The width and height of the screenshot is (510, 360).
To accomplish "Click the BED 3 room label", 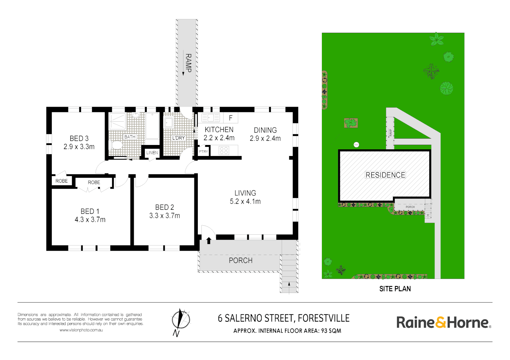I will coord(79,142).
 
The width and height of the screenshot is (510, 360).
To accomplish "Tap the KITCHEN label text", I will coord(219,130).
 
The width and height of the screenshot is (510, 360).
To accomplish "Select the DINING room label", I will coord(265,130).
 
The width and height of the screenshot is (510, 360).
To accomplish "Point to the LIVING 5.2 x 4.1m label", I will coord(245,197).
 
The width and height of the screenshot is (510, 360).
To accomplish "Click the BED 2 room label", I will coord(164,211).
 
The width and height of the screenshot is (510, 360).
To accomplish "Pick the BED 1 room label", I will coord(90,215).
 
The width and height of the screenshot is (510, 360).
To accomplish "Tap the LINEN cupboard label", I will coord(152,153).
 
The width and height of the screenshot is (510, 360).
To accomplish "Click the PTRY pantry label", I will coord(203,152).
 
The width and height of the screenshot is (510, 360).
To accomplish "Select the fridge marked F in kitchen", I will coord(230,118).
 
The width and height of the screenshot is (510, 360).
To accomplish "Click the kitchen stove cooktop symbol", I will coord(224,151).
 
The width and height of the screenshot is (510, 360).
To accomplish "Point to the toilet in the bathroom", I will coord(116,145).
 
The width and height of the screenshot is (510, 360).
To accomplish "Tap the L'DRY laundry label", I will coord(178,138).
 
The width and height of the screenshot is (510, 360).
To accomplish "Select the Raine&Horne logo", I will coord(443,322).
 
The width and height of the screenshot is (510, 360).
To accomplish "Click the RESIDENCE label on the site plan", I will coord(385,175).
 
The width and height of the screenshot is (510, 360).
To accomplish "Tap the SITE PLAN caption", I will coord(395,289).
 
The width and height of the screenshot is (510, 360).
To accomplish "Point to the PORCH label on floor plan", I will coord(240,260).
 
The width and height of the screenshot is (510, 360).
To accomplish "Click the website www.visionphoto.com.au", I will coord(81,330).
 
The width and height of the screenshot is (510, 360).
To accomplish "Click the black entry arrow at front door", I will coord(209,240).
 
